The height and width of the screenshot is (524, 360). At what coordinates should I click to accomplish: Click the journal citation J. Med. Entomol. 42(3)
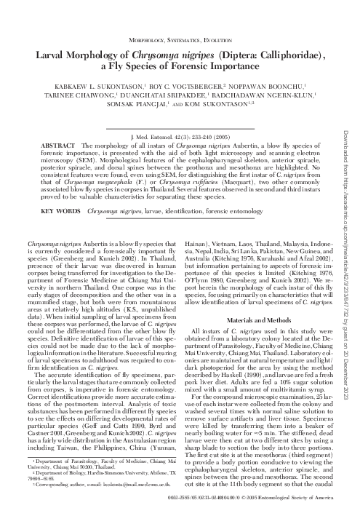pos(158,137)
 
